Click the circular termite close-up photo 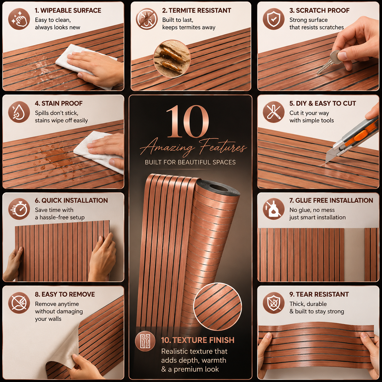(172, 59)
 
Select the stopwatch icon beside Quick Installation (19, 209)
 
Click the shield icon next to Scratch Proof (274, 19)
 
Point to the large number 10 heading (187, 121)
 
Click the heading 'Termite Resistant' (197, 10)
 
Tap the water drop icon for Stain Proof (19, 112)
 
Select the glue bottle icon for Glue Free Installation (274, 209)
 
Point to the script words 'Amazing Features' (193, 148)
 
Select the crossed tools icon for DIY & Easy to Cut (274, 112)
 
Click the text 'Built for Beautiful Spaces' (190, 162)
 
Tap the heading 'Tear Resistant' (319, 294)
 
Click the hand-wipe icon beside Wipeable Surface (19, 19)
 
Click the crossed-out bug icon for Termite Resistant (147, 19)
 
